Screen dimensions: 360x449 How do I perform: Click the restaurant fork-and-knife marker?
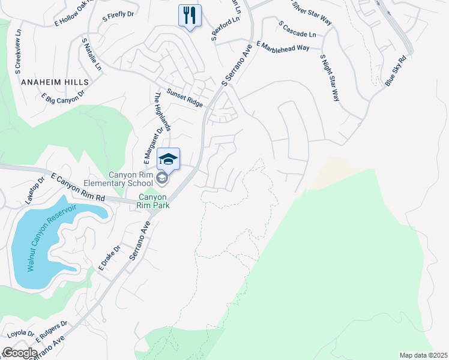(190, 16)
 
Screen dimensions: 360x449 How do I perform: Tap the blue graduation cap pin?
(169, 159)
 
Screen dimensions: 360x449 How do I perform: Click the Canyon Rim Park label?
(154, 201)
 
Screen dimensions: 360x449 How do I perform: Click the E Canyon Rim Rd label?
(78, 188)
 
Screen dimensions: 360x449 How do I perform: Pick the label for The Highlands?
(163, 112)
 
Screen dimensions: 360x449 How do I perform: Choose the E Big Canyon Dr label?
(62, 95)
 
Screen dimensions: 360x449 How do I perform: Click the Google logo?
(20, 352)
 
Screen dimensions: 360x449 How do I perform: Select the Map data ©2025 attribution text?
(423, 355)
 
